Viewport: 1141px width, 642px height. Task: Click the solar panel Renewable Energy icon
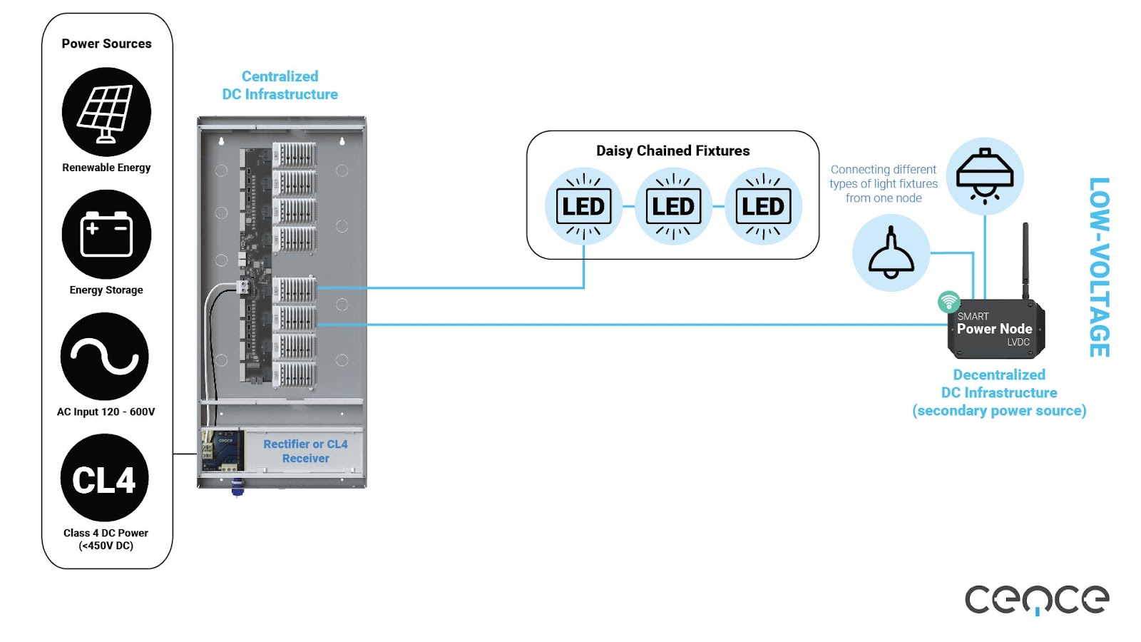(x=106, y=112)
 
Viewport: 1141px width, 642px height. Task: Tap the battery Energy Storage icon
(x=106, y=234)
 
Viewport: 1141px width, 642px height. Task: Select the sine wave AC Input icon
(x=105, y=356)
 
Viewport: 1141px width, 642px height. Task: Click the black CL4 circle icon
(x=104, y=479)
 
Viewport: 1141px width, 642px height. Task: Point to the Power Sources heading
(x=106, y=44)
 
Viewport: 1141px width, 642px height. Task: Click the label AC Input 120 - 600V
(x=106, y=412)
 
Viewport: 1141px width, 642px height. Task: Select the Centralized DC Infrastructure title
(x=280, y=85)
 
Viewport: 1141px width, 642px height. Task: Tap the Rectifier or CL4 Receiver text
(x=305, y=451)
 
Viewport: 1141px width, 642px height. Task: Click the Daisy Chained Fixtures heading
(x=672, y=151)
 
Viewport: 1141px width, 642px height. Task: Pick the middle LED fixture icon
(x=673, y=206)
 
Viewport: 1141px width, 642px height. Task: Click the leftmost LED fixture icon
(x=583, y=206)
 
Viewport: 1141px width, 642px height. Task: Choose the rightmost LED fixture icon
(x=763, y=206)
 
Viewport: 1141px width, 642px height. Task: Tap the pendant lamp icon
(x=891, y=253)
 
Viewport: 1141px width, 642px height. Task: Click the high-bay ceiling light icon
(x=985, y=176)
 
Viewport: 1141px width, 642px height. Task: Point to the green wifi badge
(x=948, y=302)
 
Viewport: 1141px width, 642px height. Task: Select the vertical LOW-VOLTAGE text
(x=1099, y=267)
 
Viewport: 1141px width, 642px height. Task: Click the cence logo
(x=1036, y=599)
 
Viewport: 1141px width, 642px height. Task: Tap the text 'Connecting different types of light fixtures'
(x=884, y=183)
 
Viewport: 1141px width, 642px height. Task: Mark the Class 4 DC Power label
(x=106, y=539)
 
